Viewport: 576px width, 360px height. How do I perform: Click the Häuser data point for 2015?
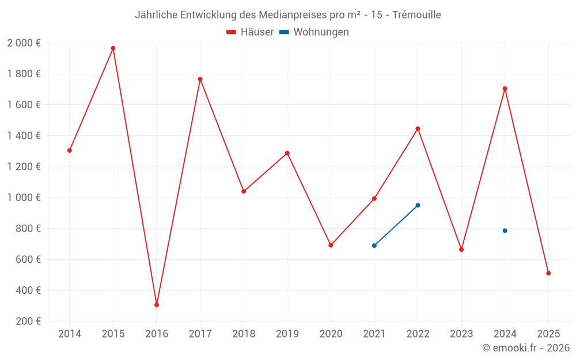[x=113, y=48]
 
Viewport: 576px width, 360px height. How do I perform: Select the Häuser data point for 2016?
[x=157, y=305]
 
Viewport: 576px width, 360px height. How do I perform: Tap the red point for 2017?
[x=200, y=79]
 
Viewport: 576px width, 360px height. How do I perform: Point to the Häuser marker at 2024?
[x=505, y=89]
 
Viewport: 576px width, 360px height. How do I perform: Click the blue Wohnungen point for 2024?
[x=505, y=230]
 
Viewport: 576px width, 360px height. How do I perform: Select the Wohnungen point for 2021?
[x=374, y=245]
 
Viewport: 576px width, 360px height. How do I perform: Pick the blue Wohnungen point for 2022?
[x=418, y=205]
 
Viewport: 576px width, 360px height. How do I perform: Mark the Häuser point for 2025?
[x=548, y=273]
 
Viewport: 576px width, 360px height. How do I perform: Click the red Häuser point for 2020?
[x=331, y=245]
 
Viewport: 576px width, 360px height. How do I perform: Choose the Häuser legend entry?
[x=250, y=32]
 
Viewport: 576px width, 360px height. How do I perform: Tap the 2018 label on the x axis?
[x=244, y=334]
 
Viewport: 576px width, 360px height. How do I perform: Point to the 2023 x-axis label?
[x=461, y=334]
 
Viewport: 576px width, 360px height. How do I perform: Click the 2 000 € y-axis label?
[x=24, y=43]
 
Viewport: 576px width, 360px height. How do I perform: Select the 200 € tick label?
[x=28, y=321]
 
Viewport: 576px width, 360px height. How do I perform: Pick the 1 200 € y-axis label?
[x=24, y=166]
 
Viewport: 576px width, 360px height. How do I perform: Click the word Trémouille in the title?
[x=416, y=15]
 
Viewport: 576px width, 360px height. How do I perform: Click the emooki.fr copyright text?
[x=526, y=348]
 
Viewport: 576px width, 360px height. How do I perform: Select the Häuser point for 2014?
[x=70, y=150]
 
